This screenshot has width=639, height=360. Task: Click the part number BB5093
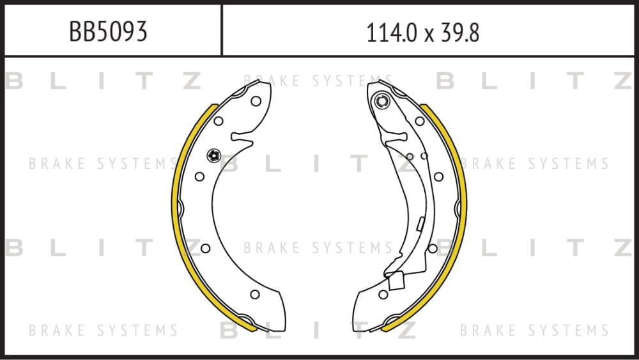108,31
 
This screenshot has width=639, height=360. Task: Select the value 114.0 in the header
392,33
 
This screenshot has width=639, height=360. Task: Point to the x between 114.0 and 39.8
428,35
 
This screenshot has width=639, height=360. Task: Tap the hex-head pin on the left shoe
214,155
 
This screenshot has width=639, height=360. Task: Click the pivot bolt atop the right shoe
382,100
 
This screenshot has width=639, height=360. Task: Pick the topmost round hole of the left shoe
256,101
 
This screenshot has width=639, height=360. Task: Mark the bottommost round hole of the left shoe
255,294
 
